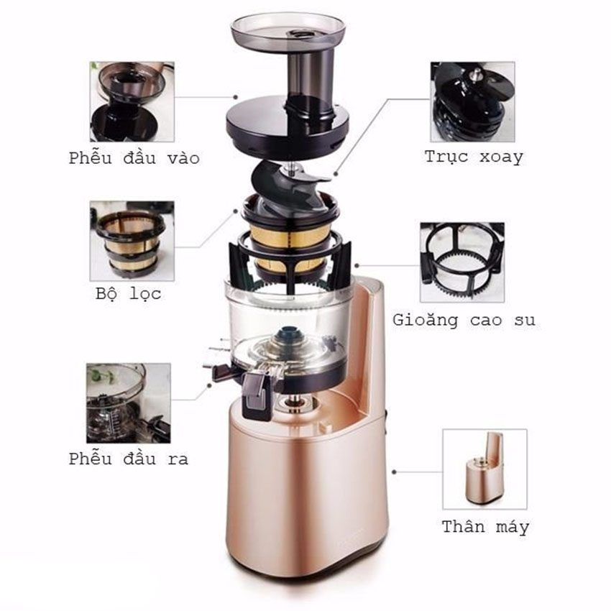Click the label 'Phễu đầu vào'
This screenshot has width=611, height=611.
pos(134,158)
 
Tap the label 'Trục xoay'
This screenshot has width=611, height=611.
pos(474,157)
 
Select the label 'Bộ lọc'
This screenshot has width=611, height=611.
pos(128,293)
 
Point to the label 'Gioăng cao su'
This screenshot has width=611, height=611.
pos(464,320)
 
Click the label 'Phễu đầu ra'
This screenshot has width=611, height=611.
pos(129,459)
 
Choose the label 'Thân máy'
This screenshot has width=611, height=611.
pos(485,527)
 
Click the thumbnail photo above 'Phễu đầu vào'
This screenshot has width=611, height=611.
pos(132,101)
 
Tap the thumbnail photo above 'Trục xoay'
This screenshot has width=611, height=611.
pos(473,101)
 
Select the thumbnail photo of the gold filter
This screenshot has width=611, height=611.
pos(132,241)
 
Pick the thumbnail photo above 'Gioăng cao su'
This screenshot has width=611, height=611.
pos(462,262)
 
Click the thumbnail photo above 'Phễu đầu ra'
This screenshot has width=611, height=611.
pos(129,403)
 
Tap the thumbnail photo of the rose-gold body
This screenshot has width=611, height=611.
pos(484,469)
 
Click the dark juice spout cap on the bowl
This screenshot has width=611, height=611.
pos(257,395)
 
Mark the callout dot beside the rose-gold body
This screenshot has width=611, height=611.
pos(395,472)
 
